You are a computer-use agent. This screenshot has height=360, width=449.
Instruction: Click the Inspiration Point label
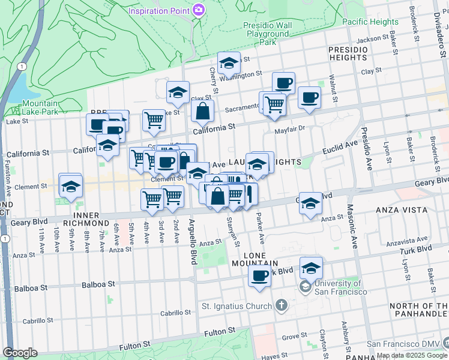click(x=158, y=10)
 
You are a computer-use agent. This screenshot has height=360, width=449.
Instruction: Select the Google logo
click(x=20, y=353)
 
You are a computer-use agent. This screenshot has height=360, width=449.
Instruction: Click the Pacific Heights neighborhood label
click(x=370, y=22)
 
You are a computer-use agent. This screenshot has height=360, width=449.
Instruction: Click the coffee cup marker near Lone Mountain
click(x=259, y=277)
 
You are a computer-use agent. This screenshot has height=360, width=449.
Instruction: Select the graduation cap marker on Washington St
click(x=228, y=62)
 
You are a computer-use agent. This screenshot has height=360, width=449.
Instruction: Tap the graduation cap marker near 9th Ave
click(x=70, y=185)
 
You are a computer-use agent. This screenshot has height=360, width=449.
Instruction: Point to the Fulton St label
click(x=134, y=346)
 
